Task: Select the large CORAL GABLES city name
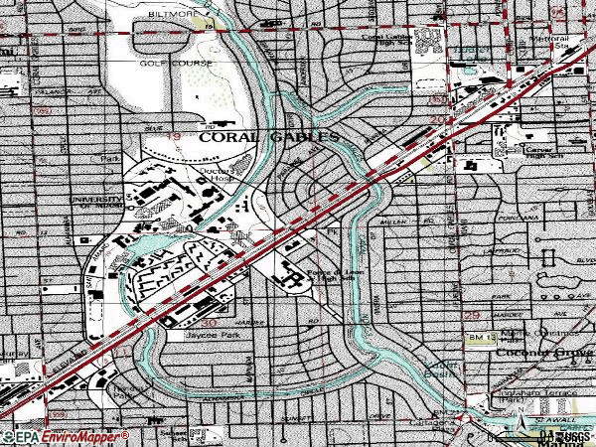(268, 139)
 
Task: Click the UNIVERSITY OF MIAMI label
(94, 203)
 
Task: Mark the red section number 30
(208, 323)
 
